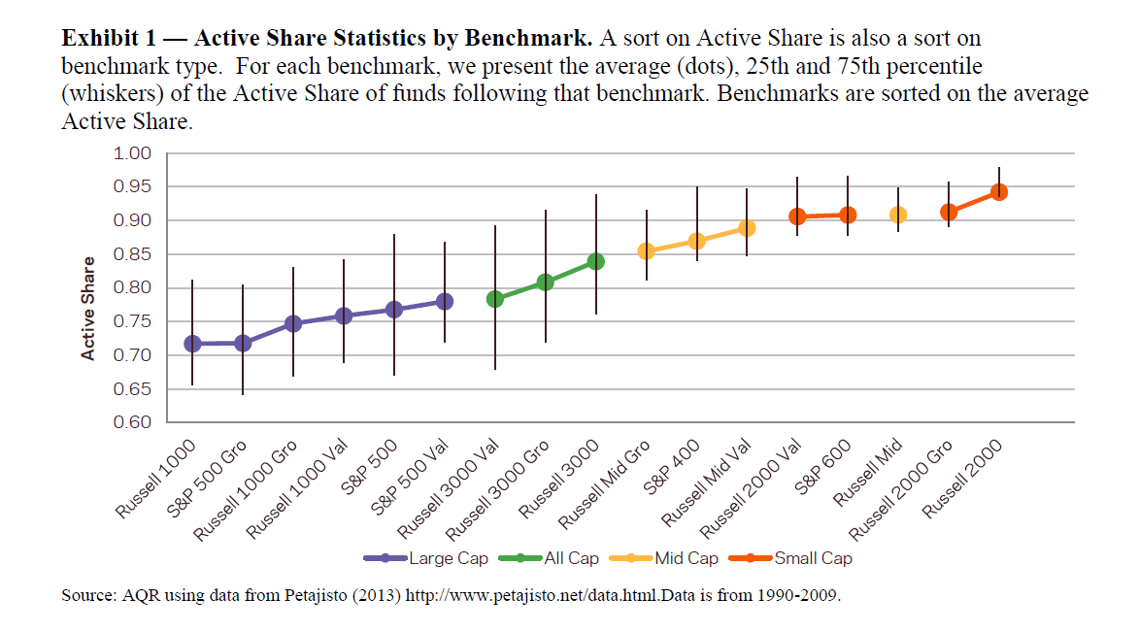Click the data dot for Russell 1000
click(192, 344)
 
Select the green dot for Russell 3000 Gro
click(546, 283)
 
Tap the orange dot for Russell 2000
click(999, 192)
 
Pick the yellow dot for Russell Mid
click(898, 215)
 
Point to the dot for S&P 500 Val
click(445, 301)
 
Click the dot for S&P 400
click(696, 241)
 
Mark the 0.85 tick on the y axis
click(134, 254)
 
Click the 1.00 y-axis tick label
click(134, 153)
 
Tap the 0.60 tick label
click(134, 422)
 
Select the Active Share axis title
click(88, 309)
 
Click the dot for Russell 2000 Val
click(797, 216)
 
